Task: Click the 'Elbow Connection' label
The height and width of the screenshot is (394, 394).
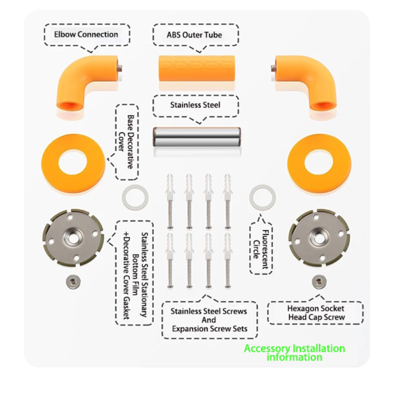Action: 87,34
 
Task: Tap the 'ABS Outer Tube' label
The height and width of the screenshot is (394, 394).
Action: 196,34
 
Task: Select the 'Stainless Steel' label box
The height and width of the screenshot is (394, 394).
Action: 196,105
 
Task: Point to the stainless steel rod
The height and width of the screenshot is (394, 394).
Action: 196,141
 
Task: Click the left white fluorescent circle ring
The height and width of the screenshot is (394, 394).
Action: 134,198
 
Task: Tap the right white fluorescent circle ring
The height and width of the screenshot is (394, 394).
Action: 262,198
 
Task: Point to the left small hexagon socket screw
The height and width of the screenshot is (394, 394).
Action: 73,282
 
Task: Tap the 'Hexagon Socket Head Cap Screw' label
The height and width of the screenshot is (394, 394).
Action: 316,313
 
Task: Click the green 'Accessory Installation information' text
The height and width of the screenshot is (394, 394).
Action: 295,353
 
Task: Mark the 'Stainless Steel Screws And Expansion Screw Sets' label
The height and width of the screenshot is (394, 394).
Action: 209,320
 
